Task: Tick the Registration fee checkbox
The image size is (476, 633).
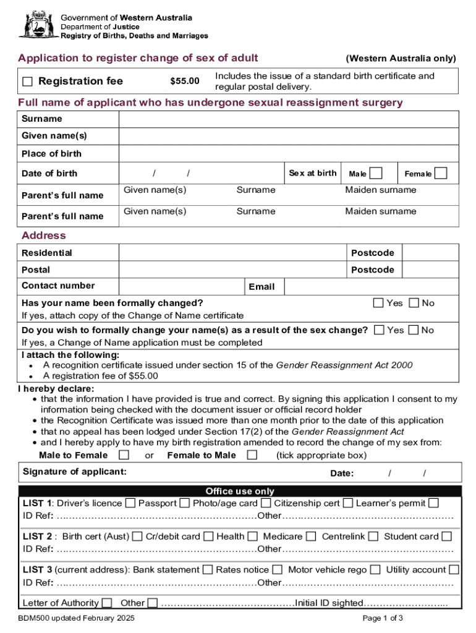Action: point(28,82)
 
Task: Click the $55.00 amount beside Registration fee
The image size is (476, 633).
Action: point(185,82)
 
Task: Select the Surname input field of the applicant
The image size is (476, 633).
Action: point(288,119)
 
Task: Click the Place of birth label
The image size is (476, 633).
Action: point(51,153)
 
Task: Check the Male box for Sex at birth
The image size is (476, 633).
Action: point(375,173)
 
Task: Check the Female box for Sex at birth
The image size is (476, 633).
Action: point(440,173)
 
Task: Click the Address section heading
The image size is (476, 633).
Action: point(43,236)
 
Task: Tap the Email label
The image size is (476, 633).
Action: point(261,287)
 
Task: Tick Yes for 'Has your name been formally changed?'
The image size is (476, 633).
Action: point(378,303)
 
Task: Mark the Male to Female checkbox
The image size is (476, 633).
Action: point(124,456)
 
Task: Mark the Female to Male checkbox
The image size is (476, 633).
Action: point(252,456)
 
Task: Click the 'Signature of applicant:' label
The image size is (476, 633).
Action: point(75,472)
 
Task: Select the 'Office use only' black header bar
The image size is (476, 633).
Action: point(240,491)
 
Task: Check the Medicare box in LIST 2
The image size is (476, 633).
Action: point(311,537)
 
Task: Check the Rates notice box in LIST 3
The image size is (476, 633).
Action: point(278,570)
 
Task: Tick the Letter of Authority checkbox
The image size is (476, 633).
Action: point(107,603)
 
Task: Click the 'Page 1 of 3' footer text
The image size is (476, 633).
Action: point(383,618)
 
